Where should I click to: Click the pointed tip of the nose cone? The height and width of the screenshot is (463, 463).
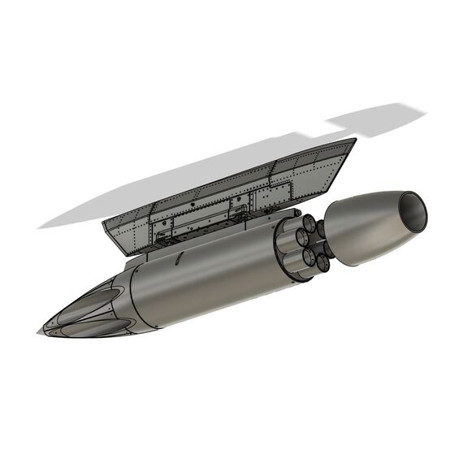coord(39,332)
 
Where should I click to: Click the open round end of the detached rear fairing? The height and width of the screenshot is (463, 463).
coord(413,210)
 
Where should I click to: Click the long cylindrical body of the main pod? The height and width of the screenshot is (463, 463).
coord(211,276)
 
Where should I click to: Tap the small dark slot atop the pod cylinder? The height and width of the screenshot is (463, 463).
coord(178,259)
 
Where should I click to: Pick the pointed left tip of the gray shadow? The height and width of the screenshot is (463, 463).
coord(38,226)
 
